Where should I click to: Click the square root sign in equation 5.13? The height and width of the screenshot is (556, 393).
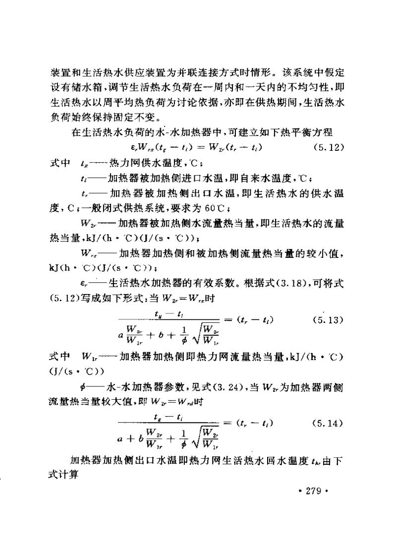click(x=201, y=339)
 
